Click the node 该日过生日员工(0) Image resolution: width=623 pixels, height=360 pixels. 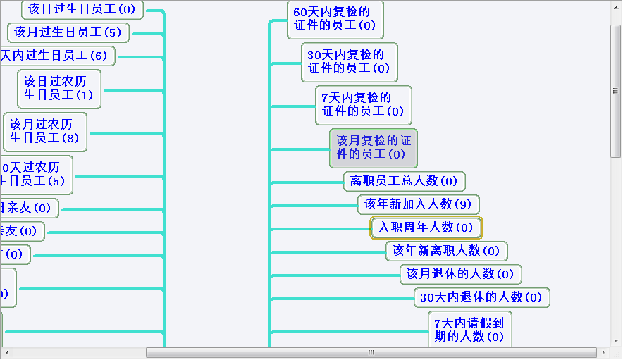(x=82, y=10)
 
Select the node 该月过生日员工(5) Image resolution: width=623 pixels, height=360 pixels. (x=68, y=32)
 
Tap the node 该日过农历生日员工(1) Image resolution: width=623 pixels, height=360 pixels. (x=59, y=88)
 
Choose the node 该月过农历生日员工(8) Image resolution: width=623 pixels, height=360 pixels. (x=44, y=131)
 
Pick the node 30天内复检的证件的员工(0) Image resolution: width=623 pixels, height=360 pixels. (x=349, y=62)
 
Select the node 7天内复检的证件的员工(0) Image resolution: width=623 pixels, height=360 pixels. (x=363, y=105)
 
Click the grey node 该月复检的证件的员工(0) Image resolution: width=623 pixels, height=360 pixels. (x=373, y=148)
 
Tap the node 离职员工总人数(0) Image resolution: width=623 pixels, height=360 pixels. (x=404, y=181)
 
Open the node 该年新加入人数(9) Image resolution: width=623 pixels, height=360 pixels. (x=418, y=204)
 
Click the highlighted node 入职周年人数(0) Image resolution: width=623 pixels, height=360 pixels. (x=426, y=228)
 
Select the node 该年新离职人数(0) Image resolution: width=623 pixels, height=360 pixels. (x=446, y=250)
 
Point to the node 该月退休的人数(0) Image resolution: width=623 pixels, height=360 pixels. (x=460, y=273)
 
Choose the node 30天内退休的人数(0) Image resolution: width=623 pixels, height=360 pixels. (x=481, y=297)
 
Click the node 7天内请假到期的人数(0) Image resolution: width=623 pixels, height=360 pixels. (x=469, y=329)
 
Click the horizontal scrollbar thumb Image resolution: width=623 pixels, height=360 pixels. (x=371, y=352)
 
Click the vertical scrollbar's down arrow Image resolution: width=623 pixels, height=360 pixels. (x=615, y=340)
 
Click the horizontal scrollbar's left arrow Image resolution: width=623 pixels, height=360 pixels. (x=6, y=352)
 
